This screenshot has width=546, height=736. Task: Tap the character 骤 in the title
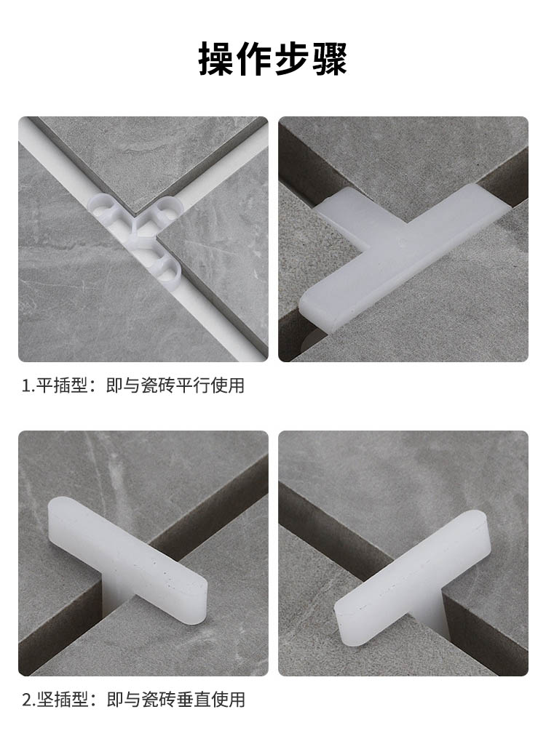pos(330,59)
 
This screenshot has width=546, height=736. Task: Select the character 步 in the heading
pos(292,59)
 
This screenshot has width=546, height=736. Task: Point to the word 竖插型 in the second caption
pos(62,700)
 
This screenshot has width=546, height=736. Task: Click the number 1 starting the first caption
pos(26,386)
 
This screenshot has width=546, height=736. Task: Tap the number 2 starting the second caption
pos(27,700)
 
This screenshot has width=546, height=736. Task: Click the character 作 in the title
pos(254,59)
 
